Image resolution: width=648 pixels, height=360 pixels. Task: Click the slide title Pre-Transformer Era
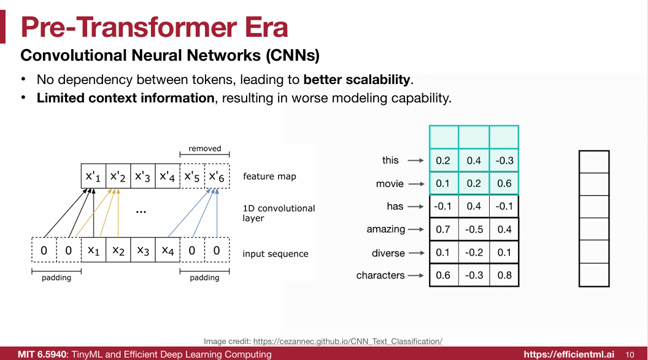[154, 28]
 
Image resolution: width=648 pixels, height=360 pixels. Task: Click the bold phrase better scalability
[357, 79]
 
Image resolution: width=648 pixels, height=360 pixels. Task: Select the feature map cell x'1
[93, 177]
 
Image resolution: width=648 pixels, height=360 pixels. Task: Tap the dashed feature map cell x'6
[217, 177]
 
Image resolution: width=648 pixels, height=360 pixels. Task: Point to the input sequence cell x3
[142, 250]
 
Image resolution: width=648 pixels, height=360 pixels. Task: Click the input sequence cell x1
[93, 250]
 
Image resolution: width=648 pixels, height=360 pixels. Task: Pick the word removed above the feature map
[204, 148]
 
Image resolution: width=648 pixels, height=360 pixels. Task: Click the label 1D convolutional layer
[279, 213]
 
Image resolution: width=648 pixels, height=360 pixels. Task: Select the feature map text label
[269, 177]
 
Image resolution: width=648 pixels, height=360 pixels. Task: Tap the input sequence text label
[276, 254]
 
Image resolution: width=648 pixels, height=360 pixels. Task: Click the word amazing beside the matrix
[386, 229]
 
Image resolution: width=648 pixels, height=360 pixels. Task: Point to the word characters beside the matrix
[380, 275]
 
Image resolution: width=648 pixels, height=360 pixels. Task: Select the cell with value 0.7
[443, 229]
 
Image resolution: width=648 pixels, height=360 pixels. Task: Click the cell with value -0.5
[474, 229]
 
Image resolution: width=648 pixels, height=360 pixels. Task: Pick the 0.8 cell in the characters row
[504, 275]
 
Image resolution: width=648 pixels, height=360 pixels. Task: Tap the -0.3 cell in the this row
[504, 161]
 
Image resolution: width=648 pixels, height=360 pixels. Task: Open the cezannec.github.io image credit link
[348, 341]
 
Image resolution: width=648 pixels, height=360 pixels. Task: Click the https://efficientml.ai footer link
[569, 354]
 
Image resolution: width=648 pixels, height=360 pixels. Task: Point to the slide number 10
[630, 354]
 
